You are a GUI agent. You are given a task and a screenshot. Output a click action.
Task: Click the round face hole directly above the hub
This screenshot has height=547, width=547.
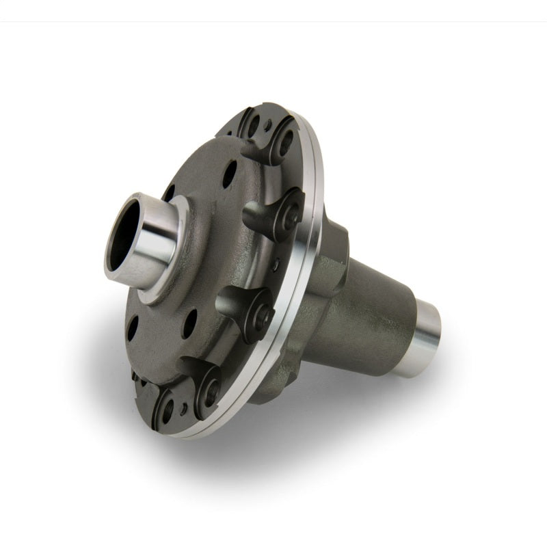click(x=230, y=174)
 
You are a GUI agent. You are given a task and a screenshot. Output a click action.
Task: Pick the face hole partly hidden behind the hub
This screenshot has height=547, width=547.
click(x=169, y=194)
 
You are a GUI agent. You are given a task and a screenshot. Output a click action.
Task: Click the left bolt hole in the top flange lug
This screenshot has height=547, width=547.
click(x=254, y=126)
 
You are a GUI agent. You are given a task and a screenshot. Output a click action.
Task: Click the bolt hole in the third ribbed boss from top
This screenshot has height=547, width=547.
click(x=262, y=314)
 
